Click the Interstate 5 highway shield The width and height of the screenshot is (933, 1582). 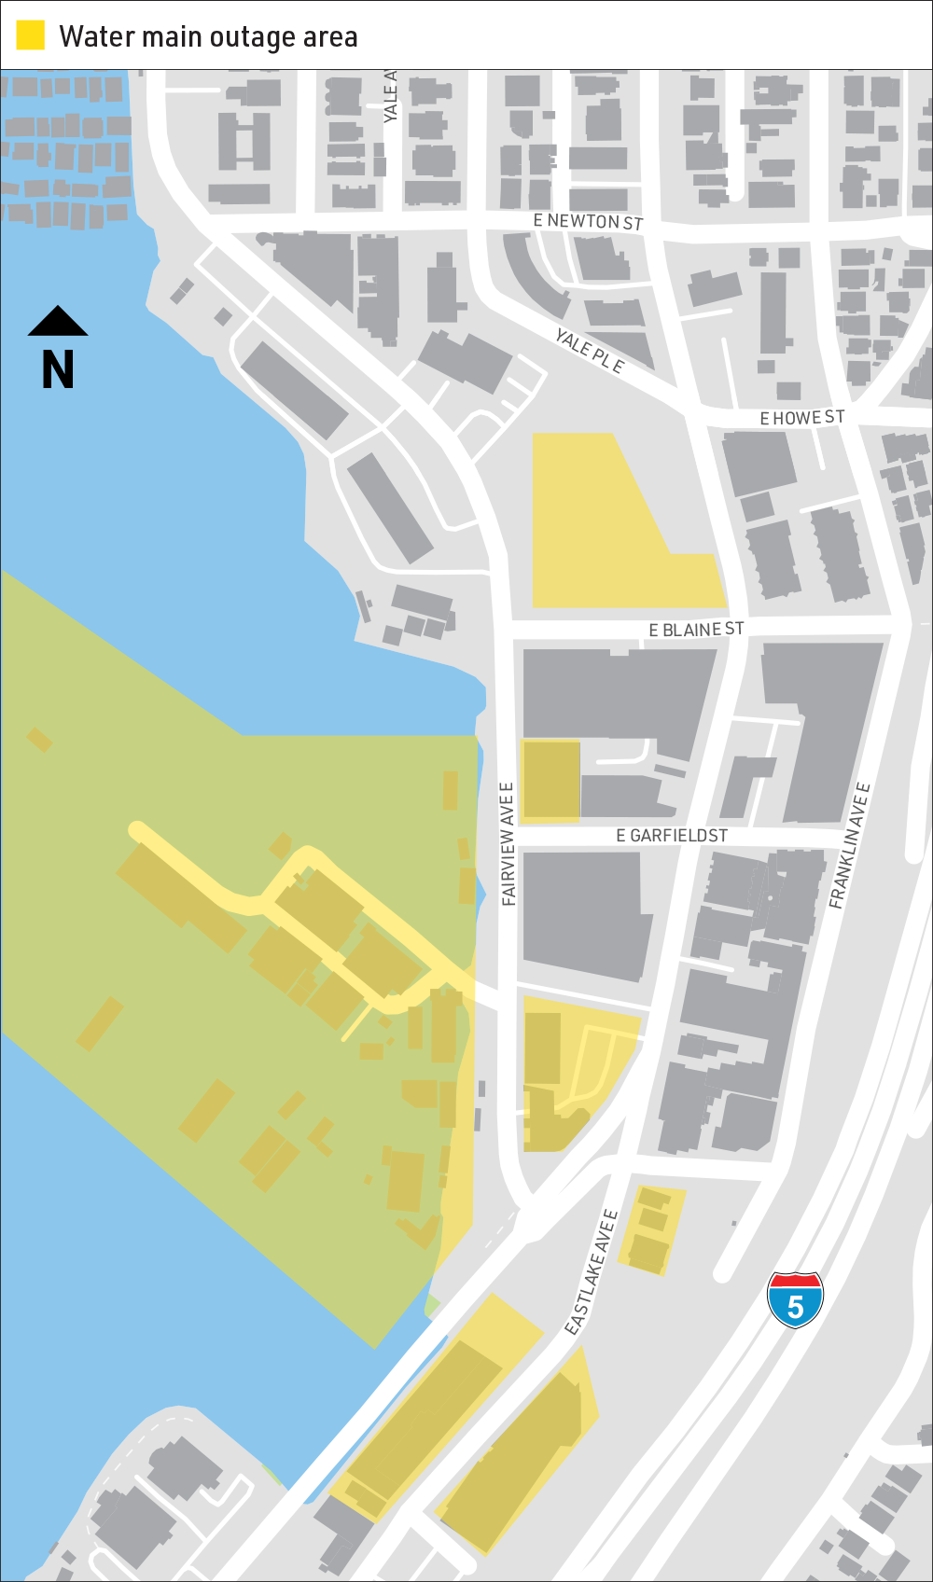click(x=795, y=1298)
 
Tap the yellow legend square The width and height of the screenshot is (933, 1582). click(x=31, y=35)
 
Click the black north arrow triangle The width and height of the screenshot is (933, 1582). click(x=58, y=321)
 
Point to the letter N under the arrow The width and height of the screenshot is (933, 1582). click(x=58, y=370)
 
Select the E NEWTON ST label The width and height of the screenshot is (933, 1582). click(x=588, y=221)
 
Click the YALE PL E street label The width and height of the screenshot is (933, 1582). click(x=590, y=351)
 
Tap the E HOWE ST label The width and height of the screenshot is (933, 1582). click(x=801, y=417)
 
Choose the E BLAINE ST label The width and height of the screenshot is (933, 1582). click(x=696, y=630)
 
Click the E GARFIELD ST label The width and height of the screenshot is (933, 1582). click(x=671, y=836)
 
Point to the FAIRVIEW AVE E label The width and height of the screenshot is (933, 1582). click(x=508, y=844)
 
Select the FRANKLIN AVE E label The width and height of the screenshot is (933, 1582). click(x=850, y=845)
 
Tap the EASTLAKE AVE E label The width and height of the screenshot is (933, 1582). click(x=592, y=1271)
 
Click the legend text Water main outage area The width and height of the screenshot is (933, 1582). click(x=208, y=36)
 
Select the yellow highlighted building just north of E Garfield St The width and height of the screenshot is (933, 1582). click(x=550, y=781)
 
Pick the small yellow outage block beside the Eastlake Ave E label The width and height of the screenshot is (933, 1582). click(x=652, y=1229)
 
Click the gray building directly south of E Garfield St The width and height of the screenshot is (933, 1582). click(x=583, y=914)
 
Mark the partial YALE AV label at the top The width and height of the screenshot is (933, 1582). click(x=391, y=96)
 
